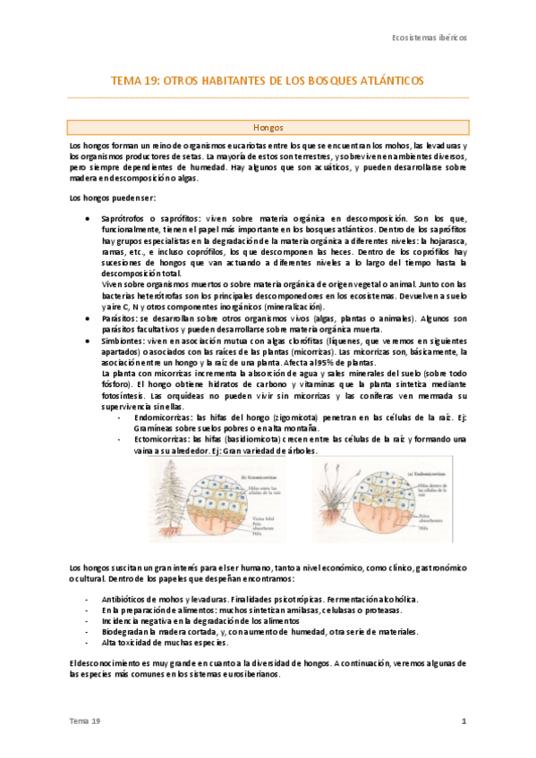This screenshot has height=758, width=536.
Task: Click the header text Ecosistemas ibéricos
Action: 430,38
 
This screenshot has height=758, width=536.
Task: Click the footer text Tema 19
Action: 87,720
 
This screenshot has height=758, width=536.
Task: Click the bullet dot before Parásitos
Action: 85,316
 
